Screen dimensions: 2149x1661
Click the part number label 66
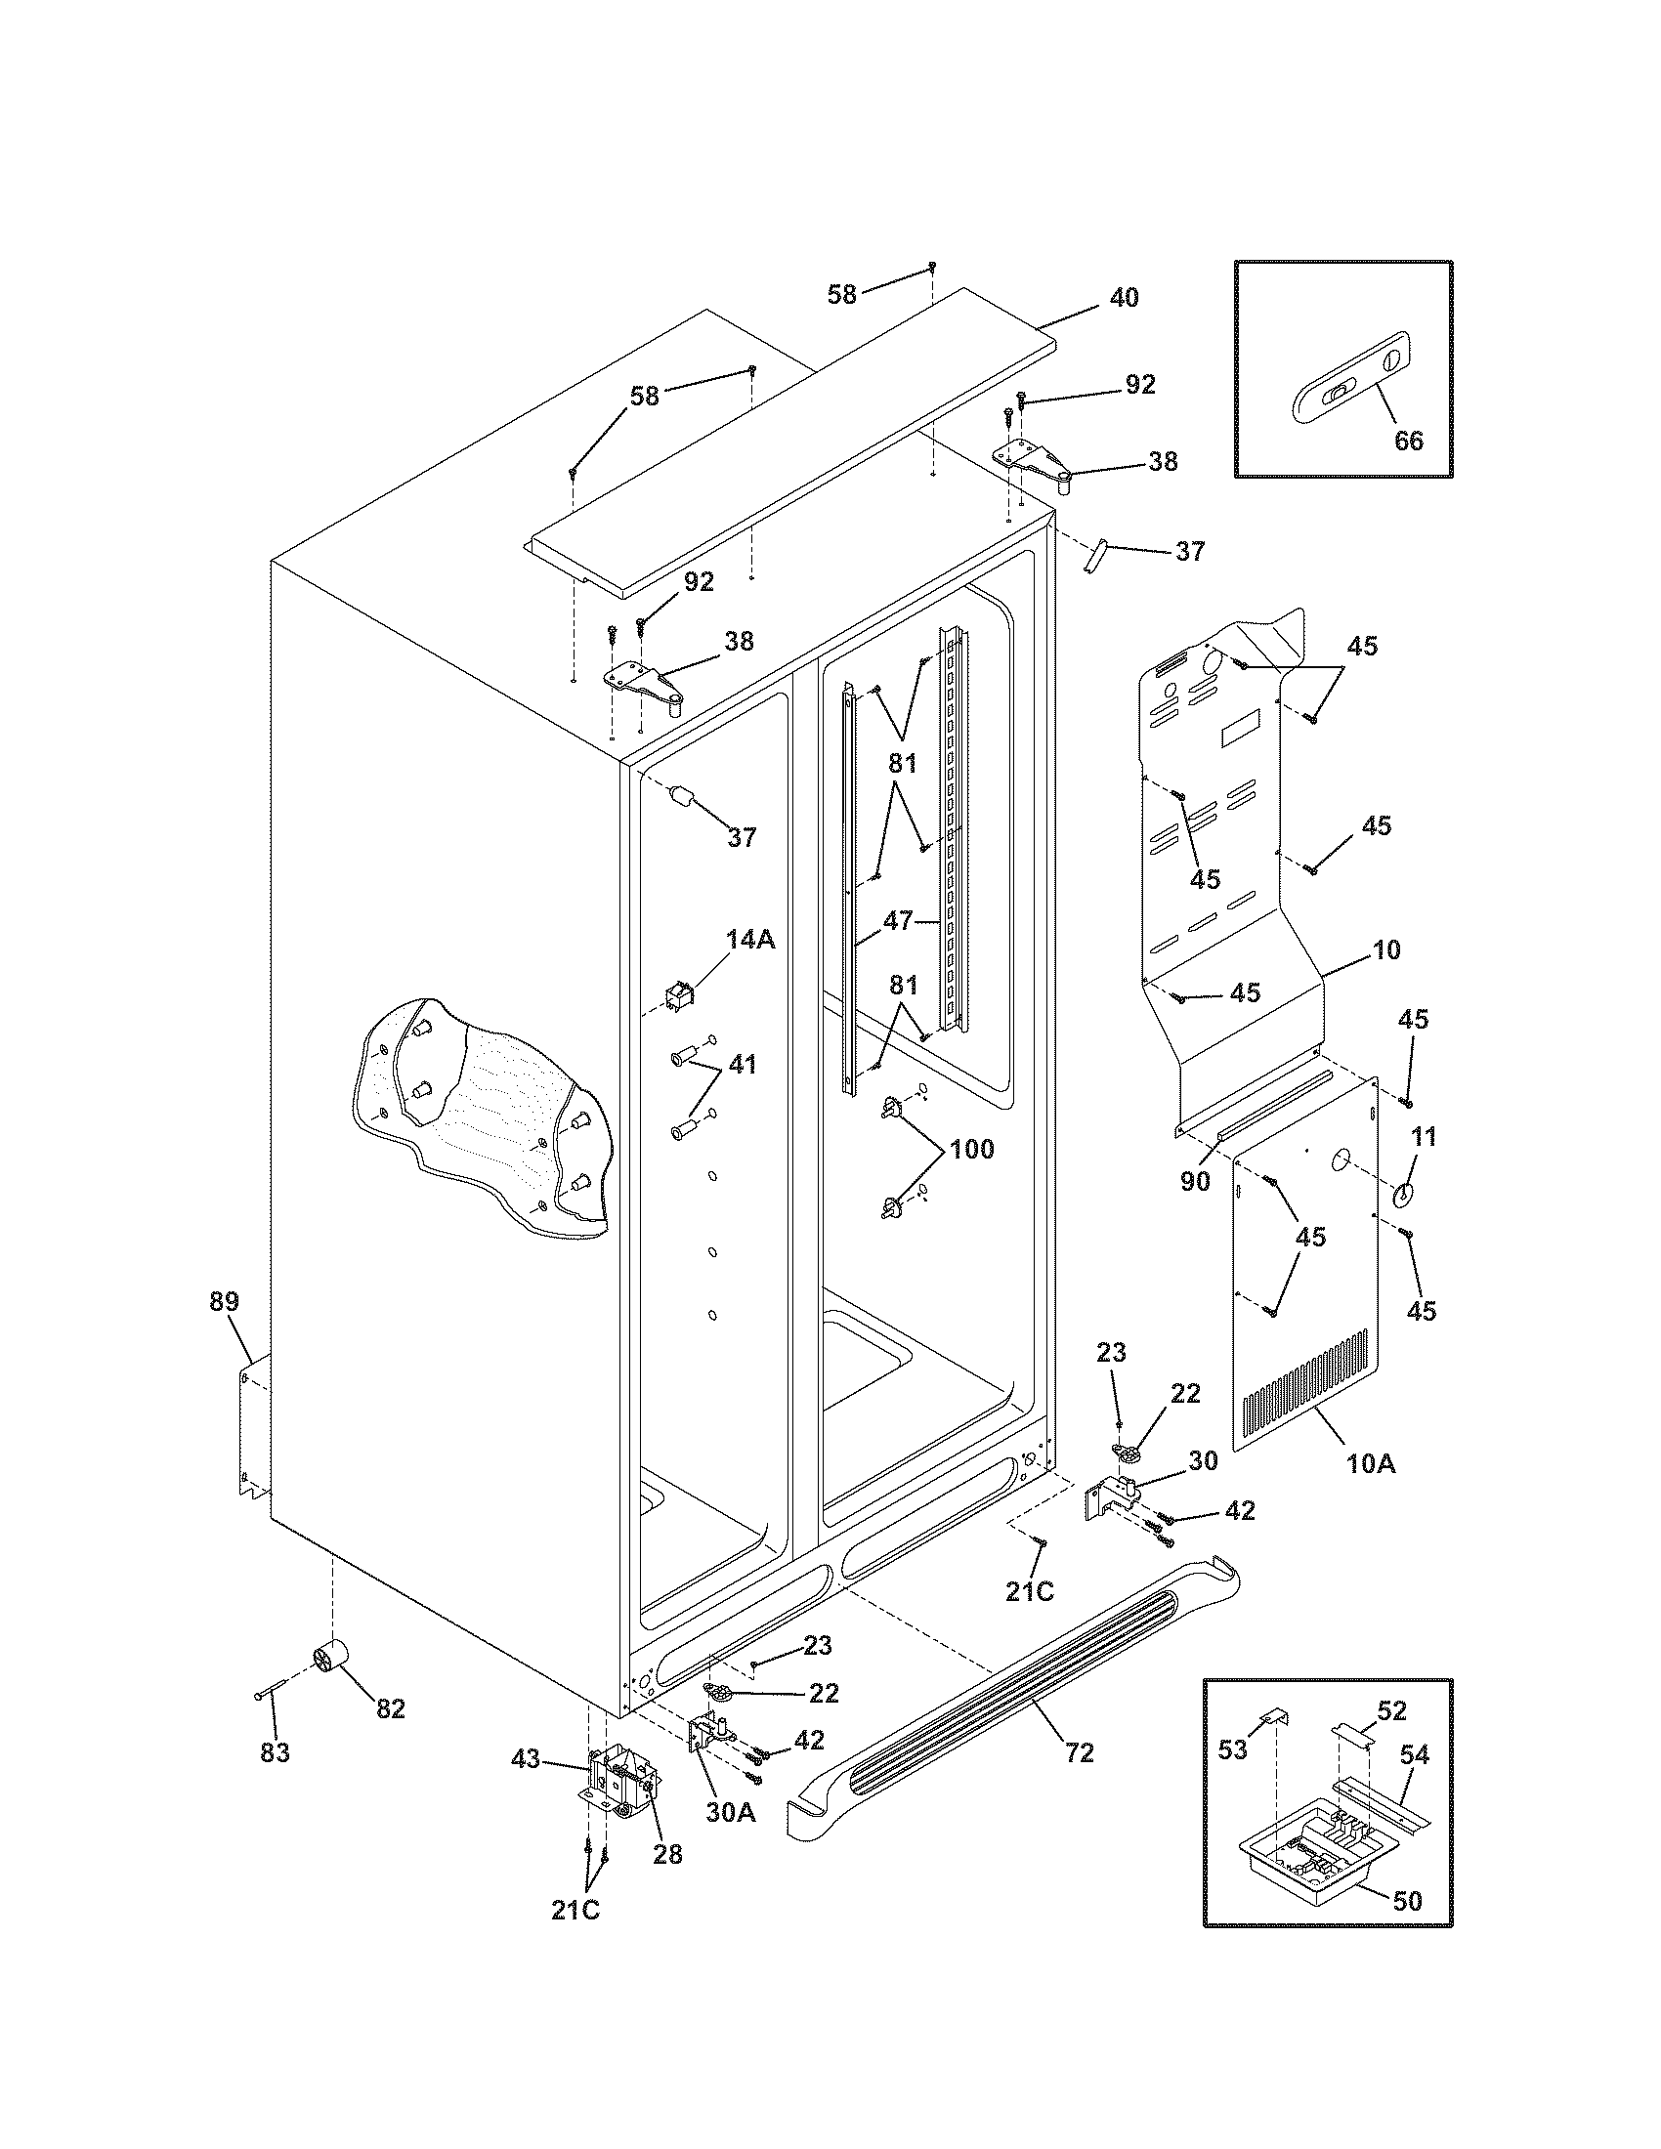pyautogui.click(x=1409, y=441)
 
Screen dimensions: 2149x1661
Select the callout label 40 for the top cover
pyautogui.click(x=1124, y=297)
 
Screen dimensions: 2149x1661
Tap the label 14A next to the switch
pyautogui.click(x=750, y=940)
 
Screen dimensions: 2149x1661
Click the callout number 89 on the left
pyautogui.click(x=225, y=1301)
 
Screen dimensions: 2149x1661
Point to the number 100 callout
pyautogui.click(x=971, y=1149)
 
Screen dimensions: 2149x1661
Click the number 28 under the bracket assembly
pyautogui.click(x=667, y=1854)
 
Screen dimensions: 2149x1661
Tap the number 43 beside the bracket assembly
pyautogui.click(x=526, y=1758)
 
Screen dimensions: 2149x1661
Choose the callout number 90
pyautogui.click(x=1195, y=1182)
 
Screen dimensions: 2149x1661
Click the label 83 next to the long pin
pyautogui.click(x=275, y=1752)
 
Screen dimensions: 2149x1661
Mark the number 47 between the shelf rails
pyautogui.click(x=897, y=921)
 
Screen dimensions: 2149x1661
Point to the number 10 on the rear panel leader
pyautogui.click(x=1386, y=949)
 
